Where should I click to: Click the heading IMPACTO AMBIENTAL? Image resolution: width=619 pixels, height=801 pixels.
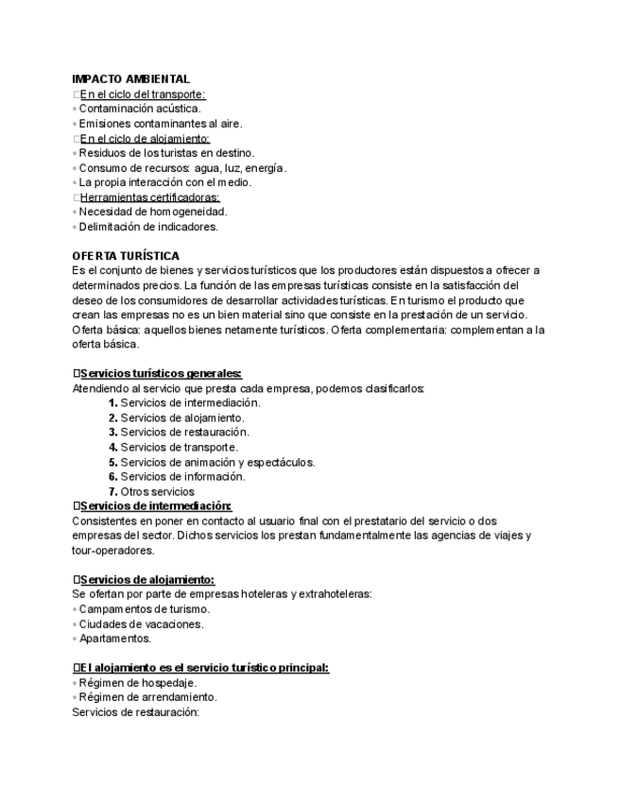coord(130,79)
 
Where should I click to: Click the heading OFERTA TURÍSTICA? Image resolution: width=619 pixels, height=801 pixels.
coord(126,256)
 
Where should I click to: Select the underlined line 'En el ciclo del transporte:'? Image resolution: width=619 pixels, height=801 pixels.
coord(143,94)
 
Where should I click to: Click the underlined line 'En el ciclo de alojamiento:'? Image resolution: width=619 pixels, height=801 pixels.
coord(145,139)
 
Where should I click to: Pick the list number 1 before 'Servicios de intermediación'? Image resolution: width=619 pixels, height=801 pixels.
coord(112,402)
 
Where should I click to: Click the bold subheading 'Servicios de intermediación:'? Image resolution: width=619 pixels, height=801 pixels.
coord(156,505)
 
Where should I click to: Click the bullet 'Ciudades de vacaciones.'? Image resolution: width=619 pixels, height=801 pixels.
coord(142,624)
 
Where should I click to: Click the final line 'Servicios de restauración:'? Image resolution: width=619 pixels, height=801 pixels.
coord(135,712)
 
